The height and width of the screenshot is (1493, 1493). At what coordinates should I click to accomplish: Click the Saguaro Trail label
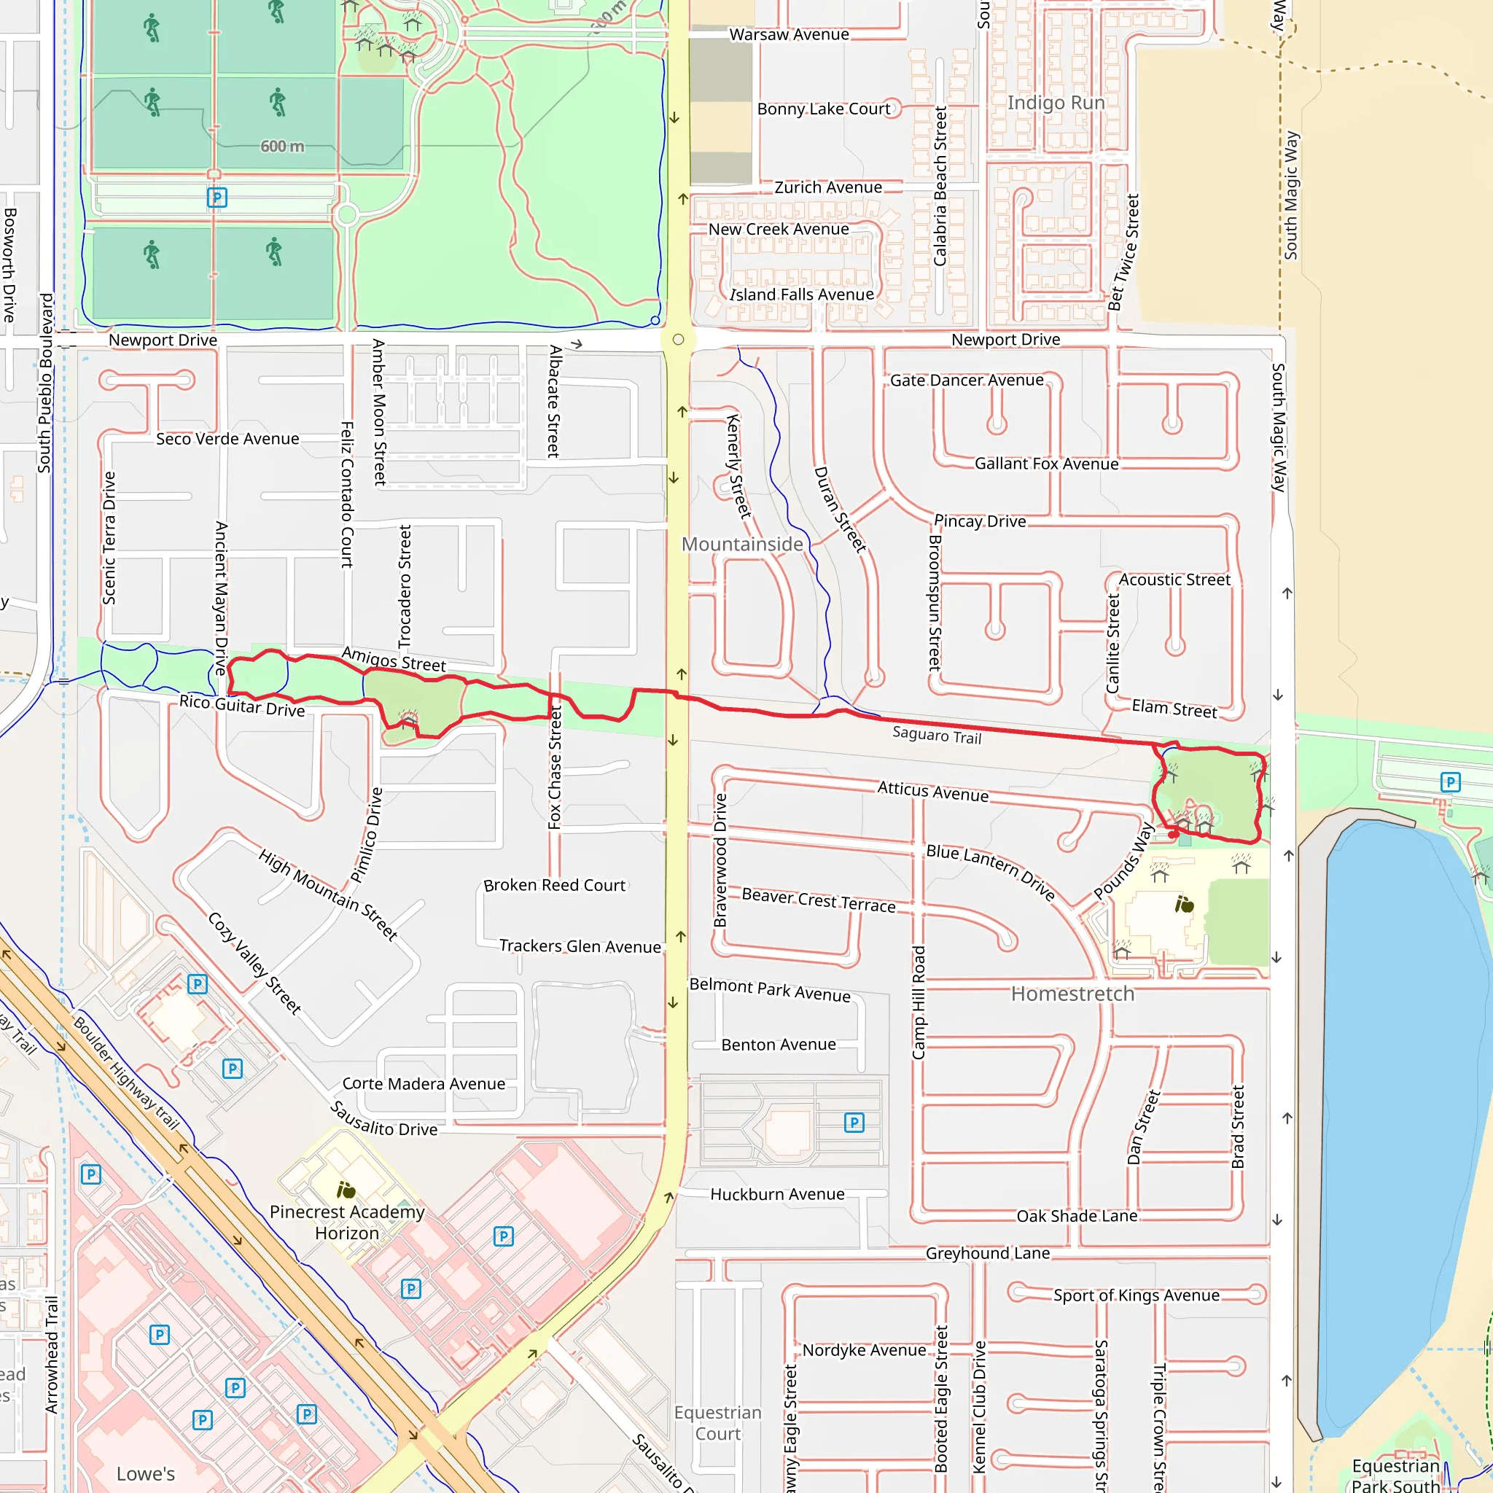point(937,735)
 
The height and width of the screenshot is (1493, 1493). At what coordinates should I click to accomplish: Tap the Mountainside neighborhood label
point(742,544)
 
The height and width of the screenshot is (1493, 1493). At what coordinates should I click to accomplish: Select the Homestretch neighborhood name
point(1072,994)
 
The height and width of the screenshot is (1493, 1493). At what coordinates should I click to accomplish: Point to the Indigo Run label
point(1056,103)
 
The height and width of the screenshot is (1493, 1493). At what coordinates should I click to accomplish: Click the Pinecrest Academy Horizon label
point(347,1223)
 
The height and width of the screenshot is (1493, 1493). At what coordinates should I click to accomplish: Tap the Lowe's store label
point(145,1473)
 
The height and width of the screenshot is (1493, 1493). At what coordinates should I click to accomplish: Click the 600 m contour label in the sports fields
point(282,146)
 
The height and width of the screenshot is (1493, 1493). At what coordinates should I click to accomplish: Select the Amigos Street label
point(394,659)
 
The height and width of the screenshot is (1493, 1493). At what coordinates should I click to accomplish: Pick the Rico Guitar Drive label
point(242,706)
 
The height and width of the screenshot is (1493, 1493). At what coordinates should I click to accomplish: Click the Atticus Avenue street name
point(932,791)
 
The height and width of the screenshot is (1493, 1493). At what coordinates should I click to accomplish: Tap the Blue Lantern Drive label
point(991,872)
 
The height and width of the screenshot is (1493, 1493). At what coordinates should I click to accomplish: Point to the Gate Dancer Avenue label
point(967,381)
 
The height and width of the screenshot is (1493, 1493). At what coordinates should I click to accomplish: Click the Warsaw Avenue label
point(789,35)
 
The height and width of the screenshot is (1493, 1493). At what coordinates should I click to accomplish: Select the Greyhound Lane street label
point(988,1253)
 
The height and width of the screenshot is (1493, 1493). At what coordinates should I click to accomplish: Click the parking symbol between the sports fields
point(217,198)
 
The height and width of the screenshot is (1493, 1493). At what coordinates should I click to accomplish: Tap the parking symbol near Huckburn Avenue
point(854,1122)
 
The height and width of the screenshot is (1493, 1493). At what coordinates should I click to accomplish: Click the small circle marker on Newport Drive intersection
point(678,339)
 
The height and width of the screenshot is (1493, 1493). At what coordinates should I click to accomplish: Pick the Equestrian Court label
point(717,1423)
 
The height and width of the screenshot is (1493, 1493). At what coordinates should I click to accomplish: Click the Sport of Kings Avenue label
point(1136,1295)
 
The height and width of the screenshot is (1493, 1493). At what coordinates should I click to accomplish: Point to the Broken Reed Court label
point(554,886)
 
